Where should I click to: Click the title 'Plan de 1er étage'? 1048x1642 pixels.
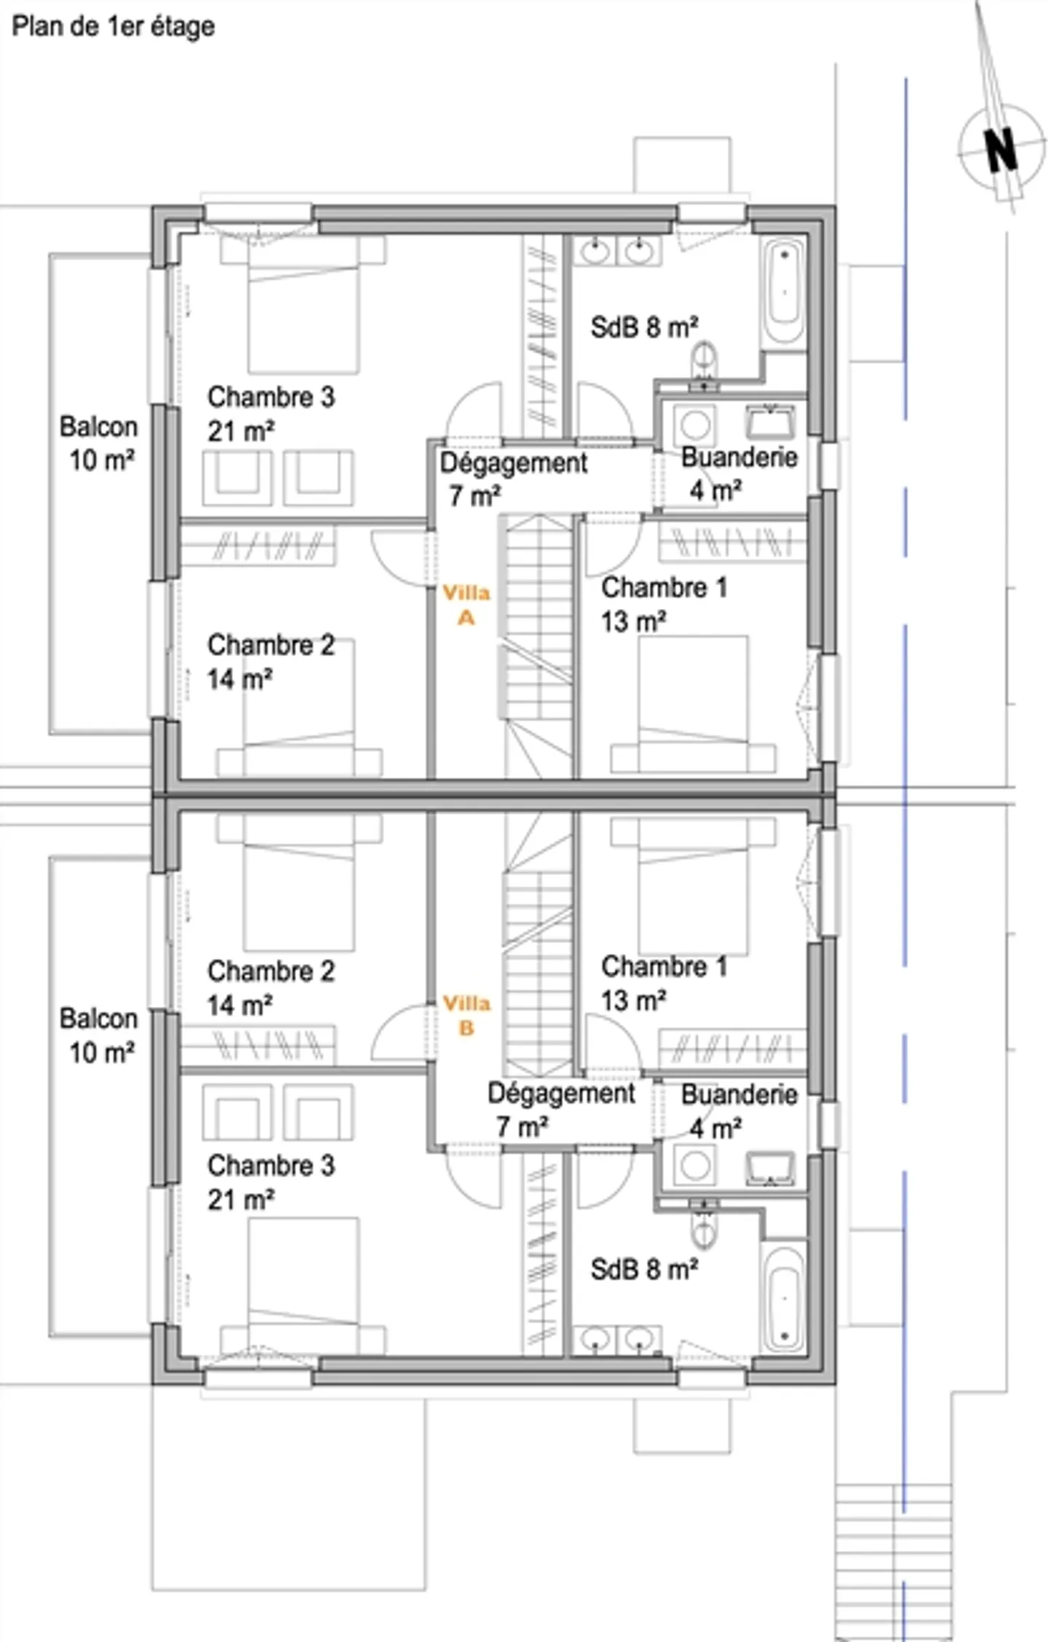point(113,27)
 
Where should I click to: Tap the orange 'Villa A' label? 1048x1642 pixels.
point(466,605)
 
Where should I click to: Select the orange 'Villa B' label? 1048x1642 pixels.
point(466,1015)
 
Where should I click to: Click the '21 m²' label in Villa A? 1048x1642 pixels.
point(240,431)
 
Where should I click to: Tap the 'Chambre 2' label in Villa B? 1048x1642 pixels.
point(271,971)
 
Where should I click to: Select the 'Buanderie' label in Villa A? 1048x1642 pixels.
point(739,457)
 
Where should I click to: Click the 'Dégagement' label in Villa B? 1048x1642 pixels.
point(561,1093)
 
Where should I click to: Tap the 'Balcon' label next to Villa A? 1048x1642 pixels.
point(98,426)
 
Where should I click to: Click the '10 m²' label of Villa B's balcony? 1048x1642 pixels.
point(101,1052)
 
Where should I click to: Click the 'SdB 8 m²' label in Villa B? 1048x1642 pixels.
point(644,1270)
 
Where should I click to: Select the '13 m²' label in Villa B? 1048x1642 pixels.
point(633,1000)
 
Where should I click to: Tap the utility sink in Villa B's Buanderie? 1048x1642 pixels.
point(770,1168)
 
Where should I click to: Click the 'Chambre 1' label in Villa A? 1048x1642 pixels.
point(664,587)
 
